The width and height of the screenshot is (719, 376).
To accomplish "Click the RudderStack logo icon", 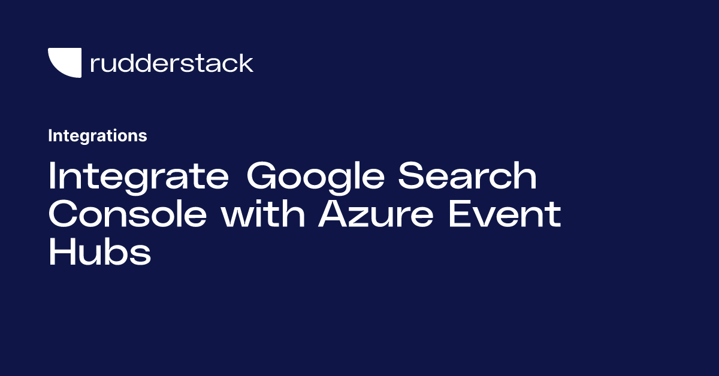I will point(64,63).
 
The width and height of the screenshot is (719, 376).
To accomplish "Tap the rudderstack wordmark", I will point(171,63).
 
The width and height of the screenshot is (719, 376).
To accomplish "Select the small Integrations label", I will point(97,136).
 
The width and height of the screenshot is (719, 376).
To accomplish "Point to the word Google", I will point(315,178).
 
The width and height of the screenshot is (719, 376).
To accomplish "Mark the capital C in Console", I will point(62,214).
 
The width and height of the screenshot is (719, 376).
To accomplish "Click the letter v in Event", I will point(491,217).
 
